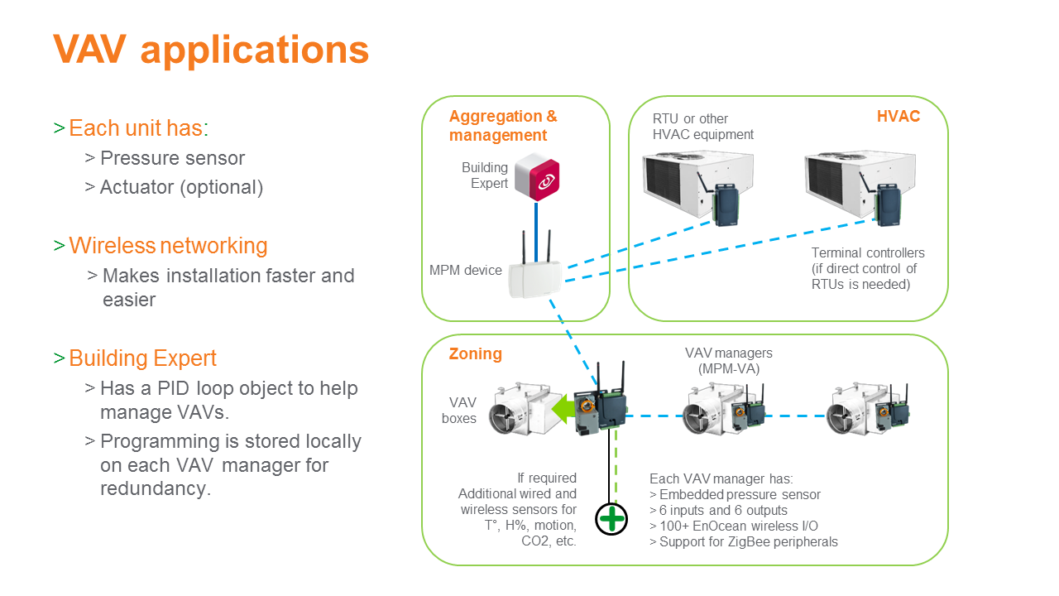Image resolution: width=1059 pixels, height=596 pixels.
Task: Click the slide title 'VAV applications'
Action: pyautogui.click(x=211, y=50)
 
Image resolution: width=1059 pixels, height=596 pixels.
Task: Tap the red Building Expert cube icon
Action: pyautogui.click(x=537, y=177)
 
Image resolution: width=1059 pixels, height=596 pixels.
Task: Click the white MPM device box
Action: pyautogui.click(x=534, y=279)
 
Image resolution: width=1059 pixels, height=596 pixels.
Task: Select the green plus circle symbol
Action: pyautogui.click(x=611, y=519)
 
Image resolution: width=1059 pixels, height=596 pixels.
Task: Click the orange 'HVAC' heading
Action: pyautogui.click(x=898, y=117)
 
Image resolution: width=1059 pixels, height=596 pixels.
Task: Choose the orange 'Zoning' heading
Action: pyautogui.click(x=475, y=353)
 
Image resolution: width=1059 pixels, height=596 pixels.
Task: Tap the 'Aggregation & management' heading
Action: pyautogui.click(x=503, y=126)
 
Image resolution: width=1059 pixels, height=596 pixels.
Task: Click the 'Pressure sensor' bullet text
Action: pyautogui.click(x=173, y=158)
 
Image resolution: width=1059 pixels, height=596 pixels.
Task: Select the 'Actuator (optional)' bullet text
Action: pyautogui.click(x=181, y=187)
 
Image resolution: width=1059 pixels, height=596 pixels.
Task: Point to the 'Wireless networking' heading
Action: pyautogui.click(x=168, y=246)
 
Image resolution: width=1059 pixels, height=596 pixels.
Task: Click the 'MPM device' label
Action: pyautogui.click(x=465, y=270)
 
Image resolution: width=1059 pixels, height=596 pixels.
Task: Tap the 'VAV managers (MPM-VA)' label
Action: pyautogui.click(x=729, y=360)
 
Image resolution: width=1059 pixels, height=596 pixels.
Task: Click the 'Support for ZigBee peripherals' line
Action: pyautogui.click(x=749, y=541)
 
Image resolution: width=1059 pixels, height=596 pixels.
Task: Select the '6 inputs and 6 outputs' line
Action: pyautogui.click(x=723, y=511)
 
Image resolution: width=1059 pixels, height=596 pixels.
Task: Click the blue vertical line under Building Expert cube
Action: pyautogui.click(x=536, y=232)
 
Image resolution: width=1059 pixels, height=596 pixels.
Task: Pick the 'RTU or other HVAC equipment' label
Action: pyautogui.click(x=703, y=127)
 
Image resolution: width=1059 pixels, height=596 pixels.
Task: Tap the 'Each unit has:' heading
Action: pyautogui.click(x=139, y=127)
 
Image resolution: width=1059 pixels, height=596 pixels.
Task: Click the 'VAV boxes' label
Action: pyautogui.click(x=459, y=410)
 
